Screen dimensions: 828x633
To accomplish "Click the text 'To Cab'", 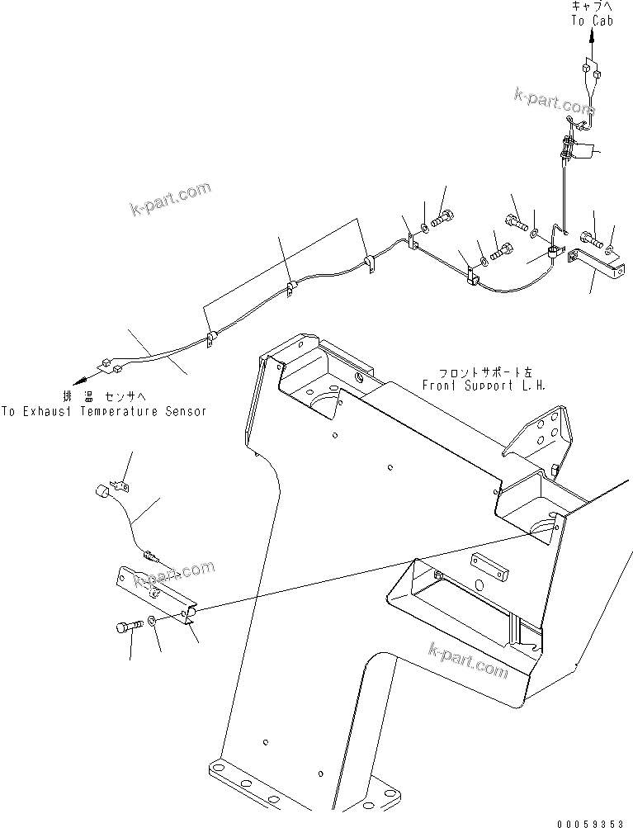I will tap(591, 21).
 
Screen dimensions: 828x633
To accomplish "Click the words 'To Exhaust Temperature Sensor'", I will tap(103, 410).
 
